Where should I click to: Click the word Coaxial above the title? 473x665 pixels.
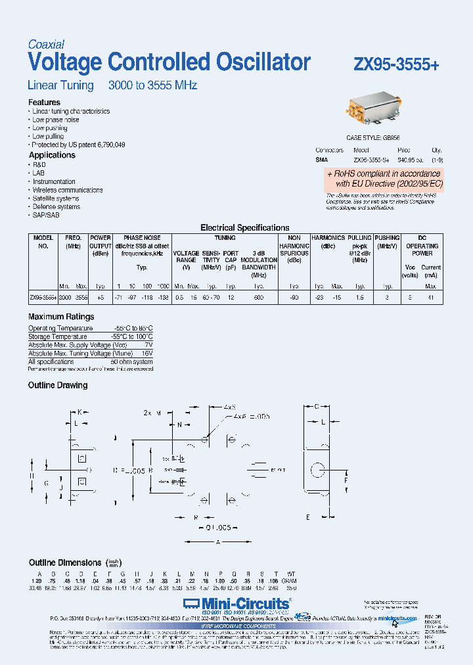click(46, 45)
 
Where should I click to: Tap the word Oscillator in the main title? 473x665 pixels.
click(262, 62)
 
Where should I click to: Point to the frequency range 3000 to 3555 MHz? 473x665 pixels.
click(152, 85)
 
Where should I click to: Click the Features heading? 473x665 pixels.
click(44, 103)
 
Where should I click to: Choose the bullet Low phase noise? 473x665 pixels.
click(56, 120)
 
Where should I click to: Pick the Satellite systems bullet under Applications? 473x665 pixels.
click(56, 198)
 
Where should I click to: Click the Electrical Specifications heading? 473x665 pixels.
click(244, 228)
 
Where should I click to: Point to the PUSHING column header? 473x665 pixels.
click(388, 238)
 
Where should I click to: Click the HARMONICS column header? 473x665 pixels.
click(328, 238)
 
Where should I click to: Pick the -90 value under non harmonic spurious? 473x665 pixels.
click(294, 298)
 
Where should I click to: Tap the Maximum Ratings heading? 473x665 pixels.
click(61, 317)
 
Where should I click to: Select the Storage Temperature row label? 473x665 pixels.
click(58, 336)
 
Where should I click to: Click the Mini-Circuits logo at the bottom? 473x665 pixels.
click(236, 603)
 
